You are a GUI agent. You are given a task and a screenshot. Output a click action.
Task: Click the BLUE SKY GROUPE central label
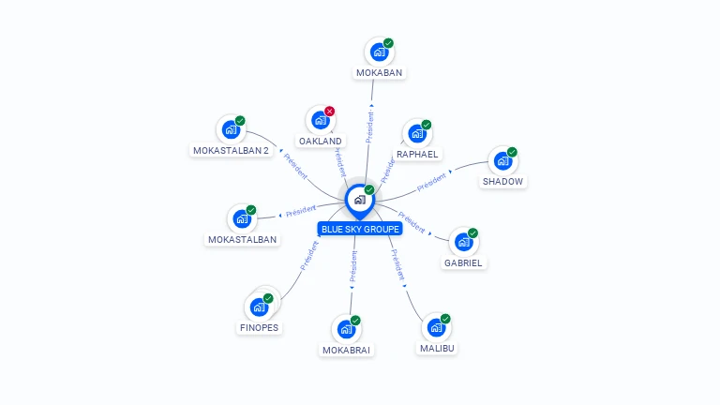point(360,229)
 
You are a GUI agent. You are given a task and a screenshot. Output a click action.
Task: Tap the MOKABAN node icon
point(379,52)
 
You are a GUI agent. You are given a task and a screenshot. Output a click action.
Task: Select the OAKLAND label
point(321,141)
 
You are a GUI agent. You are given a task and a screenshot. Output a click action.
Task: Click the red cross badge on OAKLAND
point(329,112)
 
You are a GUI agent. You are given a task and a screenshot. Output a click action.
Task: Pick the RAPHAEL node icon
point(416,134)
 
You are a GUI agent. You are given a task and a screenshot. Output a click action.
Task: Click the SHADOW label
point(503,181)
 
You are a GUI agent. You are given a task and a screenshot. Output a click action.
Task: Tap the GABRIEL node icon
point(463,243)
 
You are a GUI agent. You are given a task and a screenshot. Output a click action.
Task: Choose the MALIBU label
point(438,348)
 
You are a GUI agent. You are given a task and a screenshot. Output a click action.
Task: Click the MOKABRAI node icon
point(346,329)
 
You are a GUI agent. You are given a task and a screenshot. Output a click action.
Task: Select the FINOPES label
point(259,328)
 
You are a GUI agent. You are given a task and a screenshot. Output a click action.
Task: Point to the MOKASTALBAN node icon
point(242,219)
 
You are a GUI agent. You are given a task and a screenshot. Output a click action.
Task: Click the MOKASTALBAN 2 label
point(231,150)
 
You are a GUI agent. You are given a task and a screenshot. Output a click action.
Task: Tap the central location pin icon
point(359,200)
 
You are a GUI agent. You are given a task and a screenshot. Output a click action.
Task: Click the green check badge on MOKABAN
point(388,43)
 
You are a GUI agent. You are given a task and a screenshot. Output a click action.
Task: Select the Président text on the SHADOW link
point(431,181)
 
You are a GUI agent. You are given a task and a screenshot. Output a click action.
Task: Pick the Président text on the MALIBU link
point(397,265)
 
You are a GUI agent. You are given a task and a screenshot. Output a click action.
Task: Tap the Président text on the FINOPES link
point(309,255)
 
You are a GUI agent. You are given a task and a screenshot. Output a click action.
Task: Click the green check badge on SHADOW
point(512,152)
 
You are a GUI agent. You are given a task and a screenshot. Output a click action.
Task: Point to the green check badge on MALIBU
point(445,319)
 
